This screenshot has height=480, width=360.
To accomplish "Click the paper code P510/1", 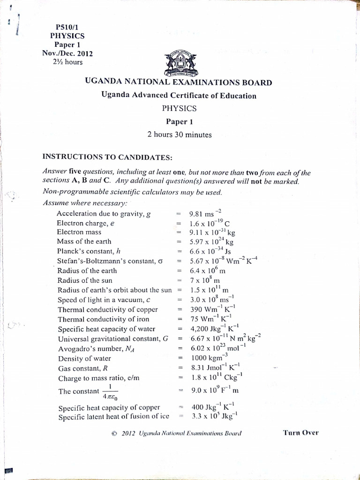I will tap(67, 27).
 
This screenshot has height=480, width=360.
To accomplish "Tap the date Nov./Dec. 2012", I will tap(67, 53).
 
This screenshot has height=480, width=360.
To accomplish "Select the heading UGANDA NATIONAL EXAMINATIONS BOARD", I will tap(178, 83).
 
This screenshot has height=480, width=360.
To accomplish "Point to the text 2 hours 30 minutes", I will tap(180, 135).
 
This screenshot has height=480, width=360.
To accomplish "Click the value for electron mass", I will tap(212, 232).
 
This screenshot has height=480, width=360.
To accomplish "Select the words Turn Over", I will tap(300, 432).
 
